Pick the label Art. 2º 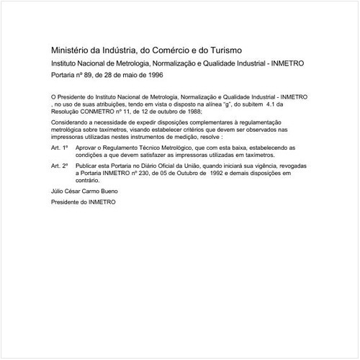click(60, 166)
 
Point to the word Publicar click(91, 166)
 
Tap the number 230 click(151, 173)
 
